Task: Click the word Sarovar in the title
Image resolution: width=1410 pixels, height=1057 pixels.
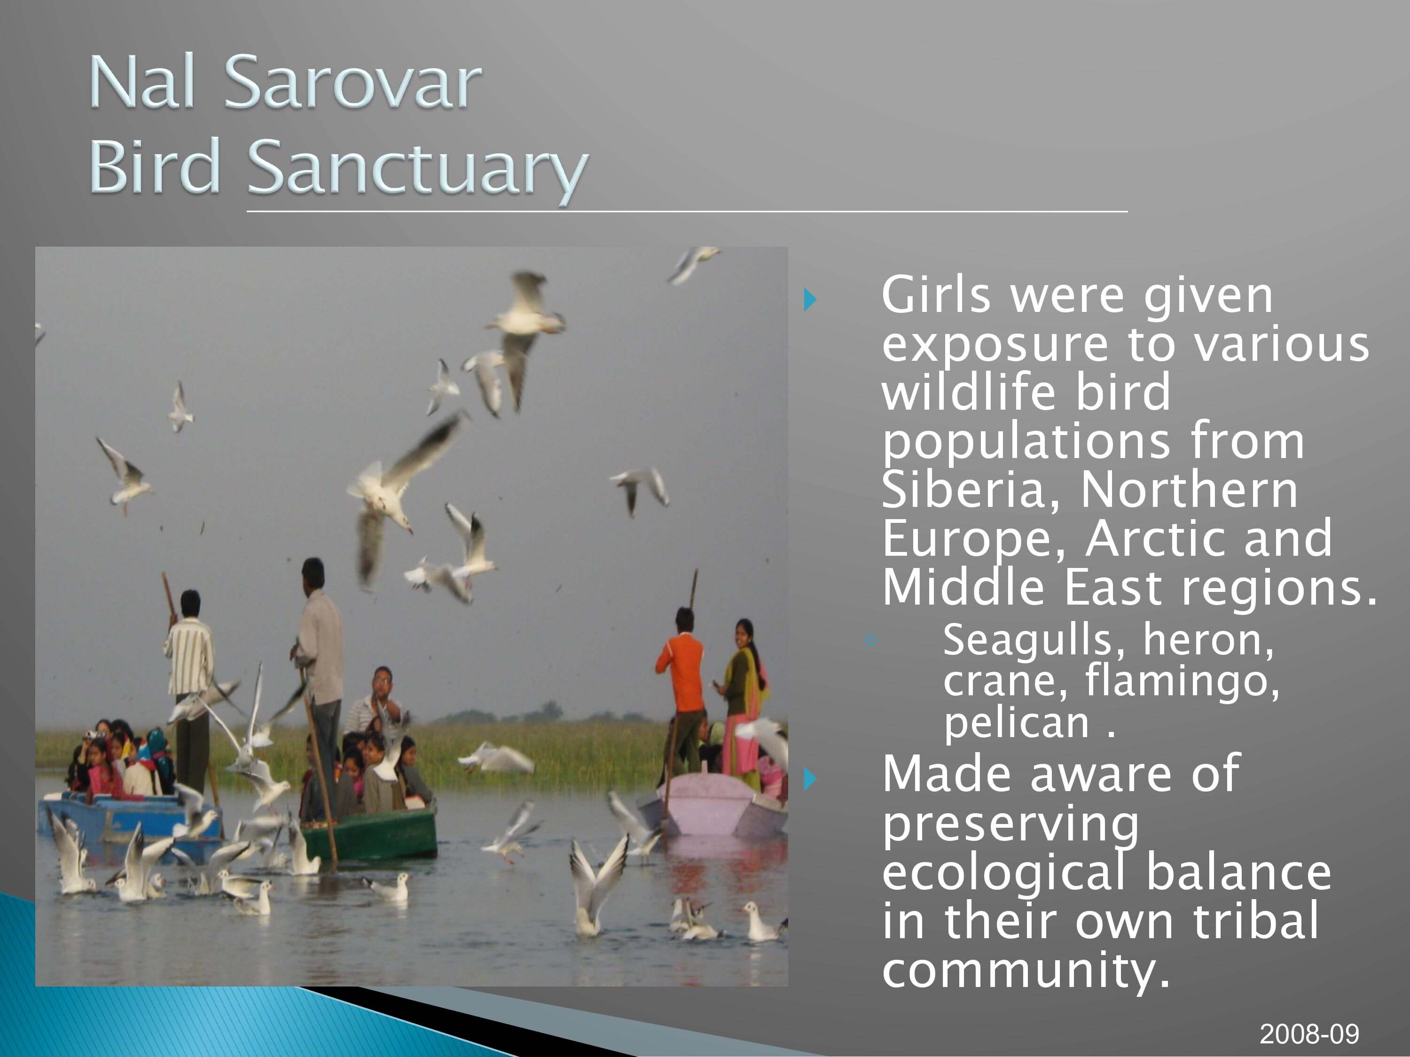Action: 352,82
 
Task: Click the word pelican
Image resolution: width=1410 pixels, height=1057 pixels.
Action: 1017,724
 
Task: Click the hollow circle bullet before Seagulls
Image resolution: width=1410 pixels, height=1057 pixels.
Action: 872,641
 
